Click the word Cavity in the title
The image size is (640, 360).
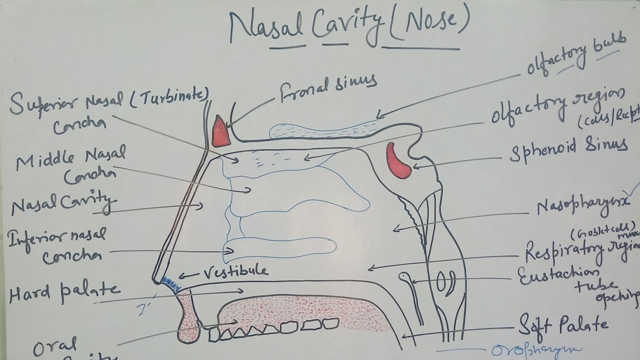click(x=345, y=27)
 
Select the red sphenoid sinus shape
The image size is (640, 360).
click(x=398, y=160)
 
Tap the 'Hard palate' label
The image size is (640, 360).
click(x=64, y=292)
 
